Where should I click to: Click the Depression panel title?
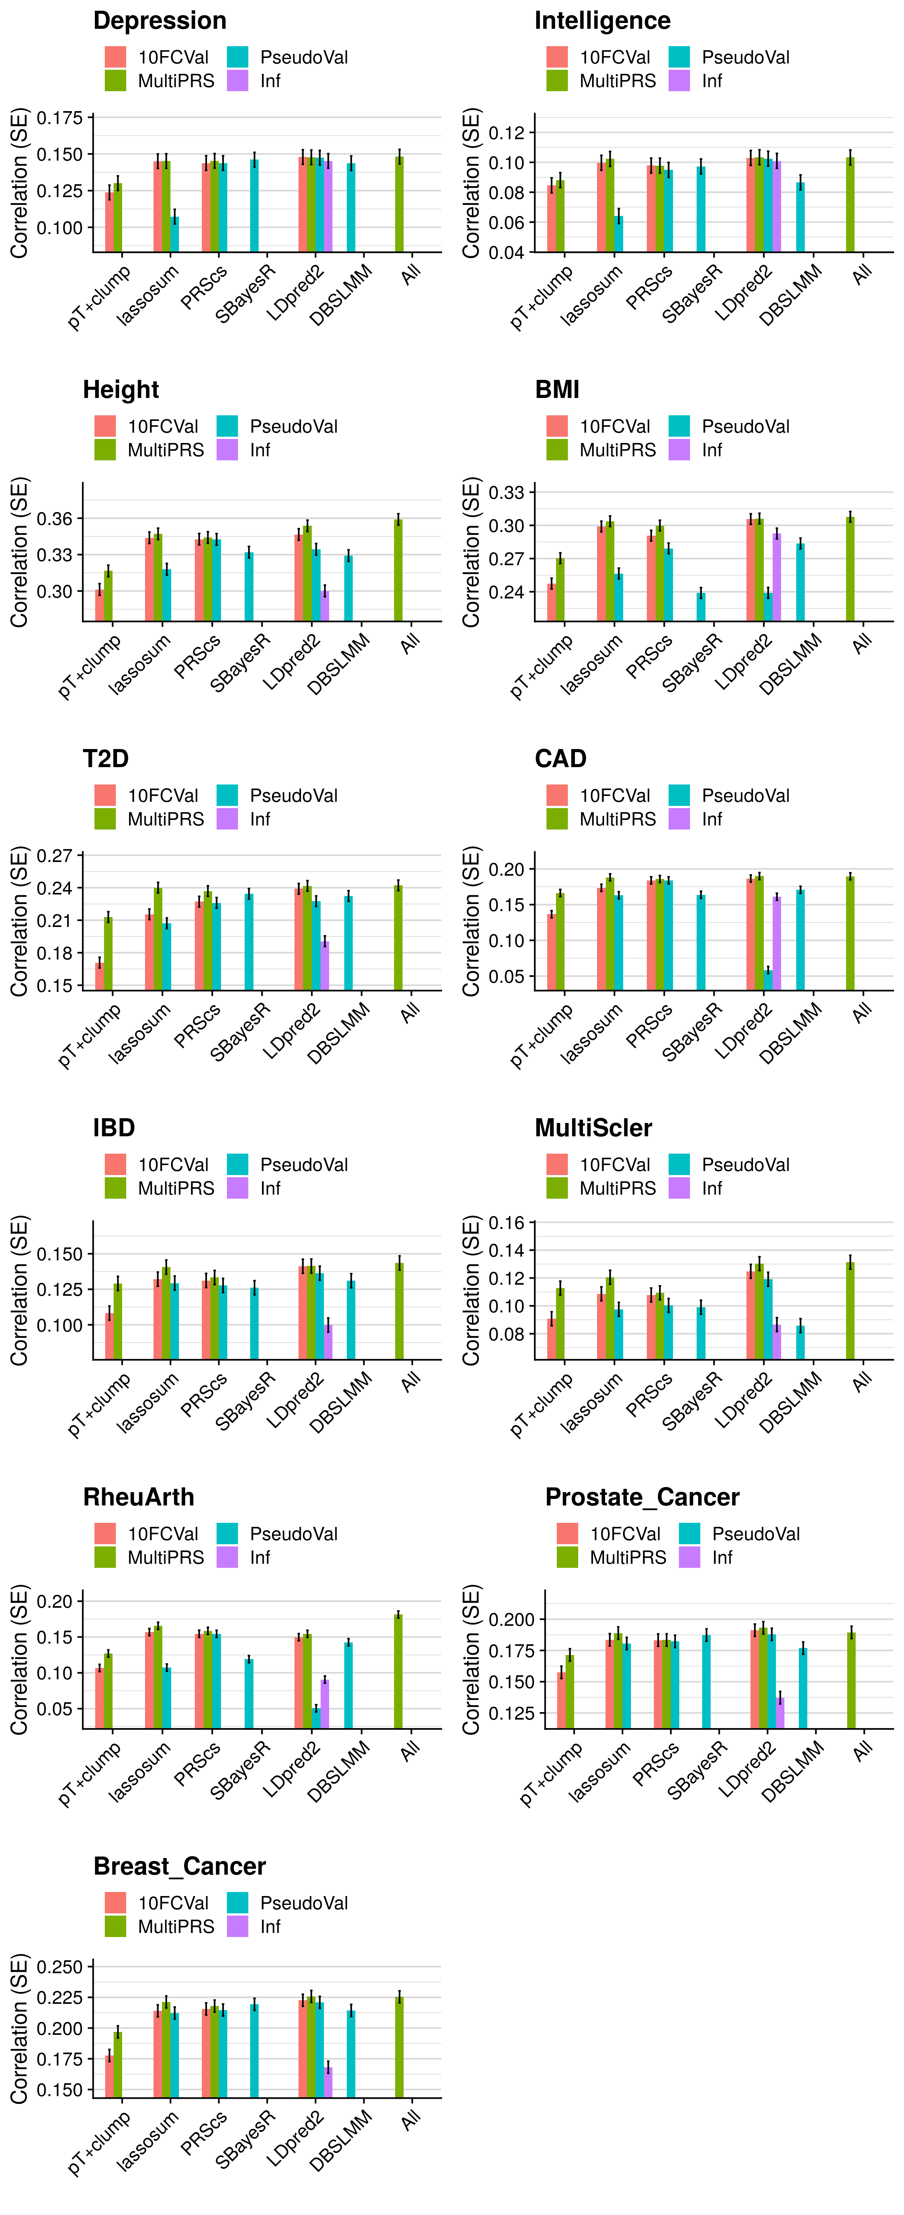160,21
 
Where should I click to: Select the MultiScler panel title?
593,1128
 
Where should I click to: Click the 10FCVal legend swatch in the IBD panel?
115,1164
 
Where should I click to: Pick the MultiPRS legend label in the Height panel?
166,450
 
